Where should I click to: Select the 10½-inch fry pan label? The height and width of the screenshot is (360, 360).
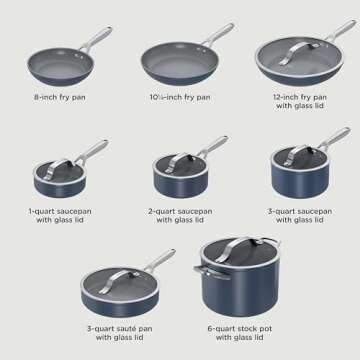[180, 97]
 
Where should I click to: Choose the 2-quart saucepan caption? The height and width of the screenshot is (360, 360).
[180, 216]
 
